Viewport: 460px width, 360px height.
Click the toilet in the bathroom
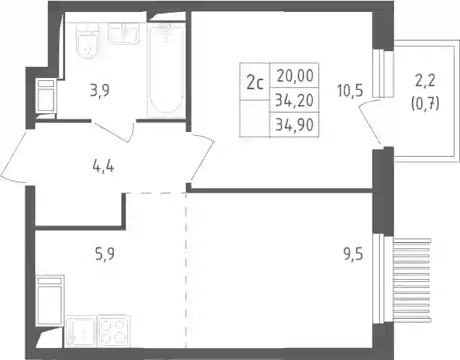87,41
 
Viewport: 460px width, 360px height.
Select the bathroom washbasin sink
124,34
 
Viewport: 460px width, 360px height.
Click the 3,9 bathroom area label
100,90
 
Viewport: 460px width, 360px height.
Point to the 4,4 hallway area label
103,167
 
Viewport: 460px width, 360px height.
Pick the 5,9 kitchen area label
105,253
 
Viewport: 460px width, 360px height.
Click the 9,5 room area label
354,253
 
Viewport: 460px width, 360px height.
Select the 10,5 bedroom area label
350,90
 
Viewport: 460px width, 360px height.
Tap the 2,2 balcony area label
425,80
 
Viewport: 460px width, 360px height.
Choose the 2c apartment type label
255,83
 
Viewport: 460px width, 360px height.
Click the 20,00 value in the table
295,76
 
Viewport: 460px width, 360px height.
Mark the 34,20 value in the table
295,100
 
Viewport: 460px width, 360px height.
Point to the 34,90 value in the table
295,125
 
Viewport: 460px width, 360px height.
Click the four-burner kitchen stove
114,331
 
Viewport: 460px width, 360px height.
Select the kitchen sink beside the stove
81,331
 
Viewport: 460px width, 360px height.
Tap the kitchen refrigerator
49,301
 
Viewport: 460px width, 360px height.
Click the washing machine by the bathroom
46,95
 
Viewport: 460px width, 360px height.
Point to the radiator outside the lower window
412,280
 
